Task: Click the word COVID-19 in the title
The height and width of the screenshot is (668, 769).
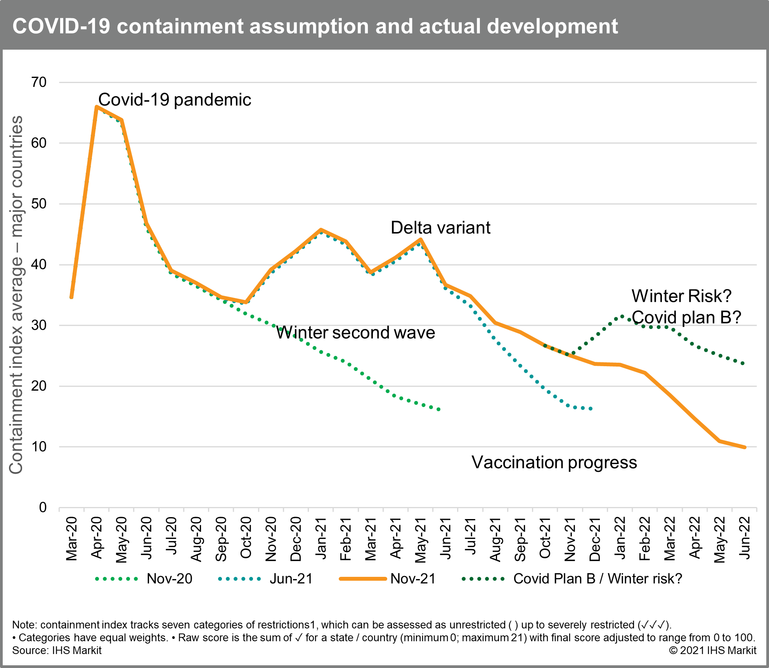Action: (61, 26)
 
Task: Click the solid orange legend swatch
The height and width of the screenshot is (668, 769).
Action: (363, 579)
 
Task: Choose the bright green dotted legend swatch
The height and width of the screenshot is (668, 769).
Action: (116, 579)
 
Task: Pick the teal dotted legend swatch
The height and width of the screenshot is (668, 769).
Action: (239, 579)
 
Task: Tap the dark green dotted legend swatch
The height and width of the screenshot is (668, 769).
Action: (483, 579)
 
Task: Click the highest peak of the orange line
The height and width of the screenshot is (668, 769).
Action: (97, 106)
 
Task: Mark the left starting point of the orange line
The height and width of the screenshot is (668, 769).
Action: (72, 297)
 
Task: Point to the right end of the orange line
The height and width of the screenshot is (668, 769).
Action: (745, 447)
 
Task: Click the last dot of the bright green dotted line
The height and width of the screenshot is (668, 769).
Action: (439, 409)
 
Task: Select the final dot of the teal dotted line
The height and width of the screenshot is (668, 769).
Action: (591, 408)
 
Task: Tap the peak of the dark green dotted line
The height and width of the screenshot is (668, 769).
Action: (622, 317)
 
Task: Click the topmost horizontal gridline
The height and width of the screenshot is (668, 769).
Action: (407, 82)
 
